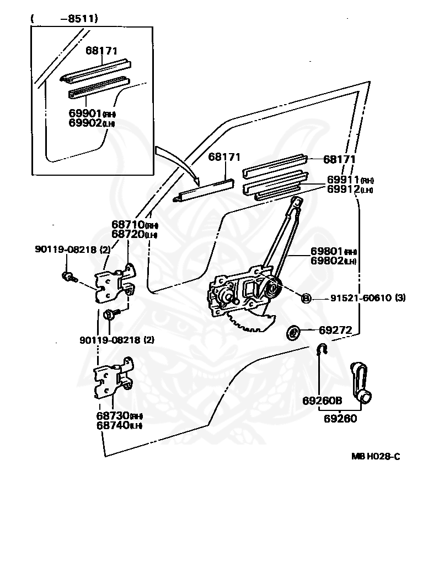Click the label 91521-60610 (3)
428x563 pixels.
pos(368,298)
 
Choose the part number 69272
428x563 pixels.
pos(335,331)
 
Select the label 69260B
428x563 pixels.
pos(323,400)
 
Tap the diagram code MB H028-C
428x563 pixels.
pos(376,457)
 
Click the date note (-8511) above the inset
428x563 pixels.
pos(65,19)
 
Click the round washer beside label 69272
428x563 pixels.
pos(293,332)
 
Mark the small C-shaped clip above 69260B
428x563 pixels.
pos(323,349)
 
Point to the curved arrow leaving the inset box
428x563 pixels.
pos(176,163)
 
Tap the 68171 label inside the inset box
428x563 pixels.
pos(102,50)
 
